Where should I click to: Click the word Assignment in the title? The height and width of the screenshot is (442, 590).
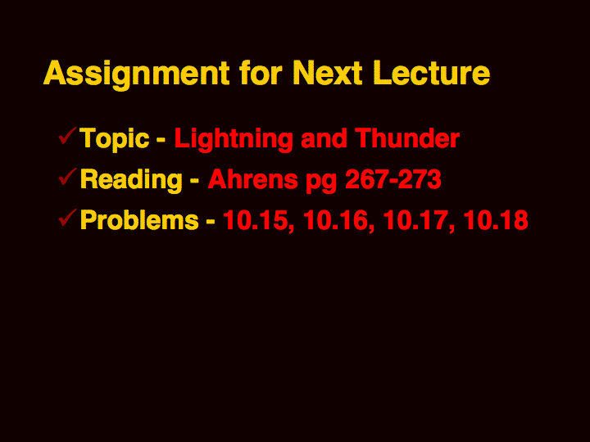pyautogui.click(x=137, y=74)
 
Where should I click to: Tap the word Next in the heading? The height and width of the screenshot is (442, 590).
pyautogui.click(x=327, y=73)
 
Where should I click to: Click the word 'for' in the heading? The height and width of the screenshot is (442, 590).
pyautogui.click(x=261, y=73)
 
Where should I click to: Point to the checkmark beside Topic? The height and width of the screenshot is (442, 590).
pyautogui.click(x=68, y=136)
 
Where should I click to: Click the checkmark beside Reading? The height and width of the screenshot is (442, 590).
pyautogui.click(x=68, y=177)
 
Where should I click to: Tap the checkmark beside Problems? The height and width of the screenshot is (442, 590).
pyautogui.click(x=68, y=218)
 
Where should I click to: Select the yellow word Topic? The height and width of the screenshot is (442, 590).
pyautogui.click(x=115, y=140)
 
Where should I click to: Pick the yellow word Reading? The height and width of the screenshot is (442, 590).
pyautogui.click(x=131, y=180)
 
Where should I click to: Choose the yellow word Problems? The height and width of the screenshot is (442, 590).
pyautogui.click(x=139, y=219)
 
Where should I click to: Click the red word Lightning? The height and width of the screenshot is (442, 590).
pyautogui.click(x=234, y=140)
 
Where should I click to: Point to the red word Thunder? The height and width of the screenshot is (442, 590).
pyautogui.click(x=407, y=138)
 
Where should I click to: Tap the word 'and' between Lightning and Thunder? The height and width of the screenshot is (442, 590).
pyautogui.click(x=324, y=138)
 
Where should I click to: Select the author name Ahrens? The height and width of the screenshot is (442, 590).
pyautogui.click(x=253, y=179)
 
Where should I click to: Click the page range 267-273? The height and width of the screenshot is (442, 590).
pyautogui.click(x=393, y=179)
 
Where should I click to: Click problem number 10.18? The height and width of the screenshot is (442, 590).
pyautogui.click(x=496, y=219)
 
